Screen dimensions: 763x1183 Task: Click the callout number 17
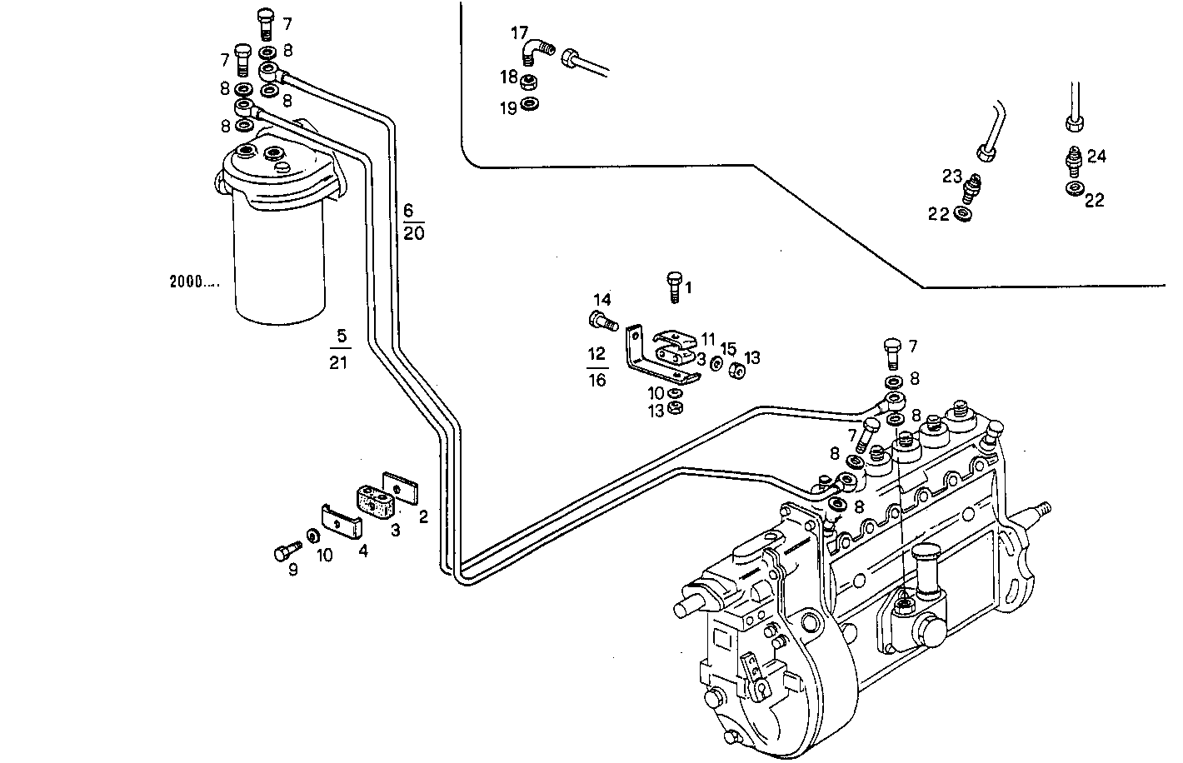[519, 33]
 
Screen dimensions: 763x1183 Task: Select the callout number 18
[509, 77]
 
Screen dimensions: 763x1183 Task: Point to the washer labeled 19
[530, 105]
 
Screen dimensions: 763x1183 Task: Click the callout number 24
[1096, 156]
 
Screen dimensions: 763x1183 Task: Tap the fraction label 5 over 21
[338, 349]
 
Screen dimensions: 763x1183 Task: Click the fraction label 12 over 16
[596, 367]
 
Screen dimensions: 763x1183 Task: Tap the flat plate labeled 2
[401, 488]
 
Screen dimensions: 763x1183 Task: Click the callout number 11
[708, 339]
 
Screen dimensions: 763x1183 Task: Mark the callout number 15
[729, 348]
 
